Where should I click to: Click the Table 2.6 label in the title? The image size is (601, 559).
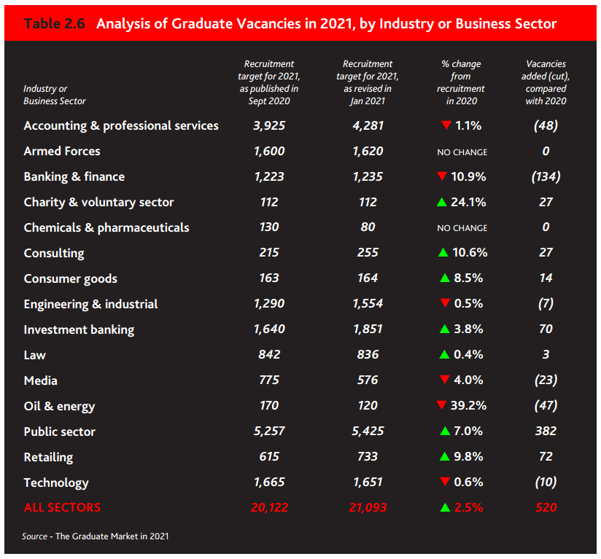click(55, 24)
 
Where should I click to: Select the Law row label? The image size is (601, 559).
click(34, 355)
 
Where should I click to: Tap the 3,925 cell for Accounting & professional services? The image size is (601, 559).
click(269, 125)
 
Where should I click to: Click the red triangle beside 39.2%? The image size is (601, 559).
click(441, 405)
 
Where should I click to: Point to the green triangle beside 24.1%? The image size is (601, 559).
click(441, 202)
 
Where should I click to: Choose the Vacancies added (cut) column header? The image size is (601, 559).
click(546, 82)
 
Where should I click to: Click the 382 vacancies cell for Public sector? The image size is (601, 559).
click(546, 431)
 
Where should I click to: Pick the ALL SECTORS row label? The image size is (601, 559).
click(62, 507)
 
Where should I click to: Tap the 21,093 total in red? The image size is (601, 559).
click(368, 507)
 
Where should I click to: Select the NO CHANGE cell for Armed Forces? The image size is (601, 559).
click(462, 152)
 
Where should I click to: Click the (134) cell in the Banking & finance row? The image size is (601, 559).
click(546, 176)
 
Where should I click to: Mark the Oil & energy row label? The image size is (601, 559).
click(59, 406)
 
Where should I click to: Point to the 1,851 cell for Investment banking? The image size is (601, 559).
click(368, 329)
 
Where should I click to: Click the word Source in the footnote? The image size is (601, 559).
click(35, 536)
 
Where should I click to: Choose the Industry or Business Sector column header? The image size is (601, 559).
click(55, 95)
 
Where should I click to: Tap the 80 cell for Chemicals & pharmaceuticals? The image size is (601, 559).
click(368, 227)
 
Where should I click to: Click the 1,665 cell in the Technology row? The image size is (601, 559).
click(269, 482)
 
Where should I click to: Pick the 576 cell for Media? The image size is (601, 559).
click(368, 380)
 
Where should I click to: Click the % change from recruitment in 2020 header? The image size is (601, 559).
click(461, 82)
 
